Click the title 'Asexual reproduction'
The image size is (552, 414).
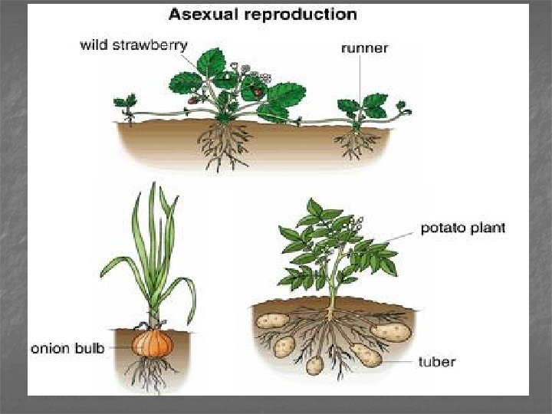click(262, 15)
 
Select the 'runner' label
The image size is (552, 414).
click(364, 48)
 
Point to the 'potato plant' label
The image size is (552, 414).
click(463, 228)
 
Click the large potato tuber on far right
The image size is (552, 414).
click(391, 331)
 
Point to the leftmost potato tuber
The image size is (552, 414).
click(271, 320)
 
